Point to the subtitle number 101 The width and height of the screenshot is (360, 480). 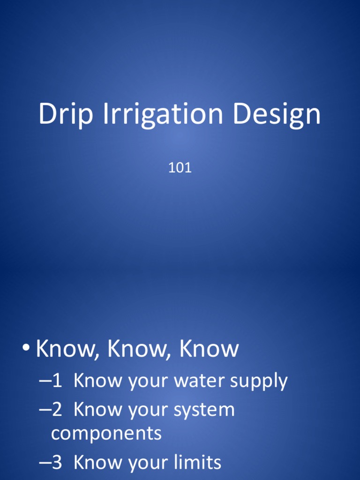point(180,168)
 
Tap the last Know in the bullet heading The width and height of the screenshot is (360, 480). point(209,349)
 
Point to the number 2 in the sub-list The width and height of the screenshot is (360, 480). point(57,410)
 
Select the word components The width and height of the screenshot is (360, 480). point(106,434)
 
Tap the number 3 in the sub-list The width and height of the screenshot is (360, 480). point(57,463)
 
